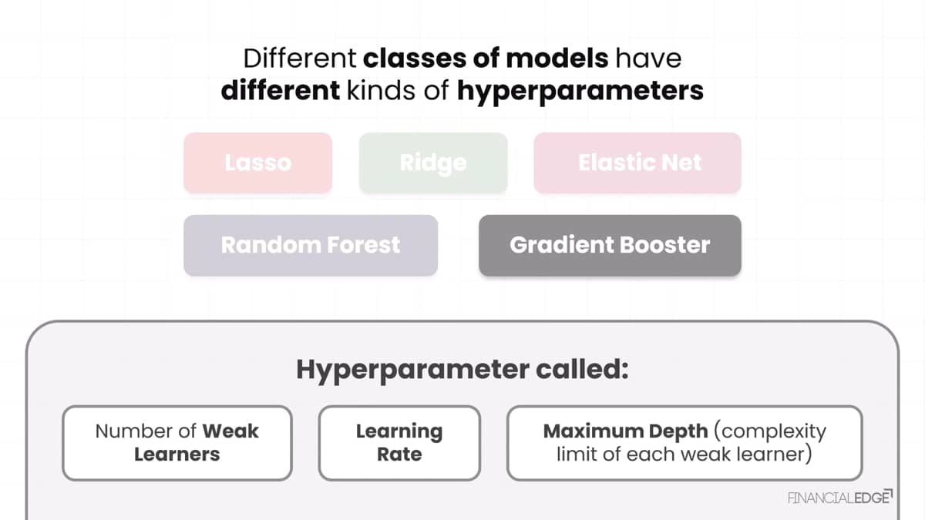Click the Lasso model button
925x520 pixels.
click(x=258, y=163)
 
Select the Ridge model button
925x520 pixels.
click(x=433, y=163)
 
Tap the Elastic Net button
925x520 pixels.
click(x=637, y=163)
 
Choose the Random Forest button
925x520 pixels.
click(x=311, y=245)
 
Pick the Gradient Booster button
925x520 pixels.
click(x=610, y=245)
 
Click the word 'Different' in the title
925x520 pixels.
click(x=300, y=59)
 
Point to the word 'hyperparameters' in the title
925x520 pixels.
click(x=580, y=92)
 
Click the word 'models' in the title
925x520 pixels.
click(x=557, y=59)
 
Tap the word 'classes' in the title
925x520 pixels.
click(x=415, y=59)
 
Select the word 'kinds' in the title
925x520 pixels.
click(x=381, y=90)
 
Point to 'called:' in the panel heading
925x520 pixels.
click(x=582, y=369)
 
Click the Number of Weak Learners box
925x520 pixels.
click(x=177, y=443)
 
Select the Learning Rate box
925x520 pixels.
click(x=399, y=443)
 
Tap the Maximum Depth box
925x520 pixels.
click(x=684, y=443)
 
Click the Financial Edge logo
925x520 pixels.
click(x=840, y=498)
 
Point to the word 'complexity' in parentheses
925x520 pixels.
click(x=771, y=432)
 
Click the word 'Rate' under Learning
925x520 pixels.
click(x=399, y=455)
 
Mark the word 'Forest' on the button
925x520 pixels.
click(x=364, y=245)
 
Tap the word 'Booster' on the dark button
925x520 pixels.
click(x=664, y=245)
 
